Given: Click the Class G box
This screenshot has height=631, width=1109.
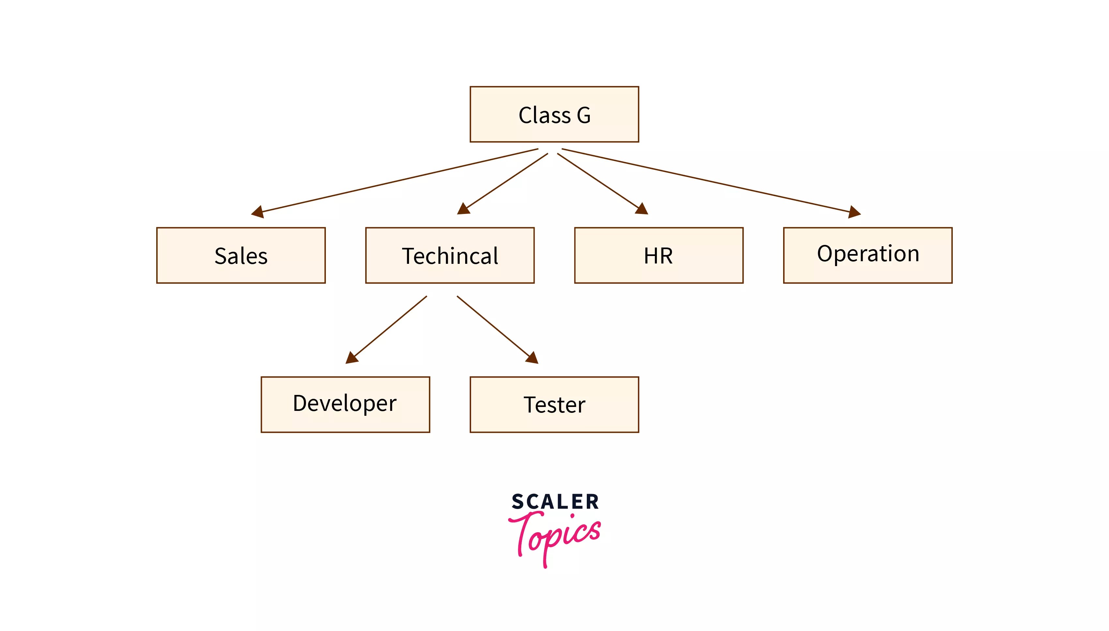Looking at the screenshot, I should click(554, 114).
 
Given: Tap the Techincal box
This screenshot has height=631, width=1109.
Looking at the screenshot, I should click(449, 255).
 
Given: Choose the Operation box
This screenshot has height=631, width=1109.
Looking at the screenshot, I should click(867, 255).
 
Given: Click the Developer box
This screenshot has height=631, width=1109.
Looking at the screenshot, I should click(345, 404).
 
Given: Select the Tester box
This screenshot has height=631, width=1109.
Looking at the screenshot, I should click(554, 404).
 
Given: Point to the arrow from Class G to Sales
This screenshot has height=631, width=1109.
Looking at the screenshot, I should click(394, 180).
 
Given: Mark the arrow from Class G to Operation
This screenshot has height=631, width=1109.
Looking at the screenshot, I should click(711, 180).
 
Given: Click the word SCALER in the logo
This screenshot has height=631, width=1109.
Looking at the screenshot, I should click(555, 502).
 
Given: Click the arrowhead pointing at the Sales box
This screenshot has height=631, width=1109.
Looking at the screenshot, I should click(258, 212).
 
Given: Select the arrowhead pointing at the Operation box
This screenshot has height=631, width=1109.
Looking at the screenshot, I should click(853, 212).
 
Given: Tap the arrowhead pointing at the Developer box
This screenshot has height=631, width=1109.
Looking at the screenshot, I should click(352, 358).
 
